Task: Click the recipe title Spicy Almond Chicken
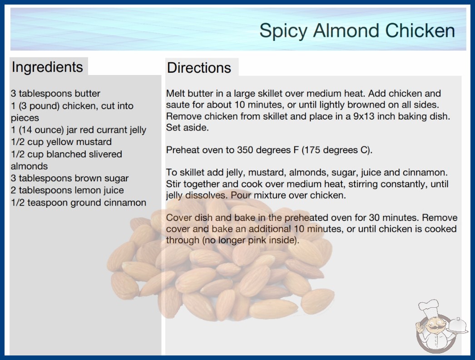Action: pyautogui.click(x=357, y=30)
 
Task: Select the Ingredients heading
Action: pyautogui.click(x=47, y=67)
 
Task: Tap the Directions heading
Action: pyautogui.click(x=199, y=68)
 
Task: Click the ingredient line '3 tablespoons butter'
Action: pyautogui.click(x=55, y=94)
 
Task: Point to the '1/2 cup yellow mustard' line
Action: pyautogui.click(x=61, y=142)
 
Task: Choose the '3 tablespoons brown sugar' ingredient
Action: pyautogui.click(x=69, y=178)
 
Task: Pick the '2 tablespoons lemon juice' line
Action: pyautogui.click(x=67, y=190)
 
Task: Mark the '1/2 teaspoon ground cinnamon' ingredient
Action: pyautogui.click(x=79, y=203)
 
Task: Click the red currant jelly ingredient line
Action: pyautogui.click(x=79, y=130)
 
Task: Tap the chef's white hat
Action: pyautogui.click(x=429, y=307)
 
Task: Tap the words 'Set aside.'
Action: pyautogui.click(x=187, y=128)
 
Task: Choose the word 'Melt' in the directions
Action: pyautogui.click(x=175, y=94)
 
